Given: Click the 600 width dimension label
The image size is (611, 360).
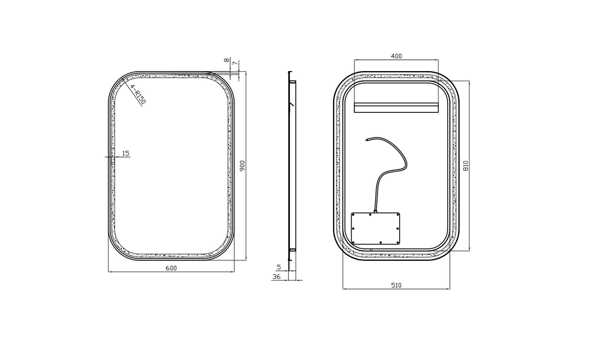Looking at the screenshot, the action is tap(171, 268).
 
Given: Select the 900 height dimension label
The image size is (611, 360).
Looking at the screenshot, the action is tap(242, 166).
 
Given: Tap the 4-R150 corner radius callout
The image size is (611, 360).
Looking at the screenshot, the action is tap(138, 95).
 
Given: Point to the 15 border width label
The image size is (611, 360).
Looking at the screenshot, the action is tap(125, 153).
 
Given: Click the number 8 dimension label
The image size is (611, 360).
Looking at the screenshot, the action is tap(226, 60).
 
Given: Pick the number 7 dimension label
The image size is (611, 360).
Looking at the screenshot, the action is tap(234, 63).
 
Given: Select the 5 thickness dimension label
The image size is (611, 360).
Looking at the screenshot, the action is tap(279, 267).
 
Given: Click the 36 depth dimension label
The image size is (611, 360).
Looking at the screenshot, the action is tap(276, 276).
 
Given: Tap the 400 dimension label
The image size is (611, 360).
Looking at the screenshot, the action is tap(396, 56).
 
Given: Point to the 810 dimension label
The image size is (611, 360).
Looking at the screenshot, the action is tap(465, 166).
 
